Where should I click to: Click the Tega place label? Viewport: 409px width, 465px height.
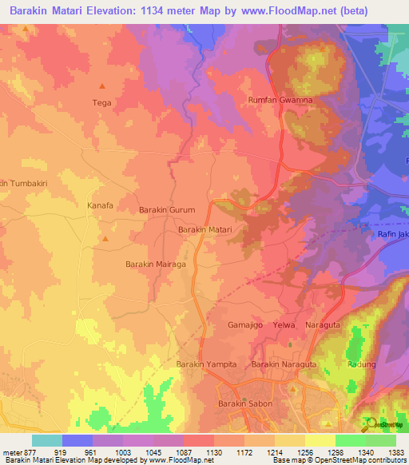tap(101, 102)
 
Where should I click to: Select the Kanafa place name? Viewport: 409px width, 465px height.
tap(100, 205)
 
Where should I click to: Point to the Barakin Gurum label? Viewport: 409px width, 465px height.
tap(167, 209)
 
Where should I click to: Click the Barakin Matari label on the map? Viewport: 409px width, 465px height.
tap(204, 229)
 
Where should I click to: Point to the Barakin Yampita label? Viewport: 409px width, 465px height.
tap(206, 364)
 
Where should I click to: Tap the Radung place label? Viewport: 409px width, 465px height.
tap(362, 364)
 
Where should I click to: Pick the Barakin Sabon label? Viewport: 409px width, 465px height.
tap(245, 403)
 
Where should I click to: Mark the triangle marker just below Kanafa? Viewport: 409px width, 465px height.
tap(105, 238)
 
